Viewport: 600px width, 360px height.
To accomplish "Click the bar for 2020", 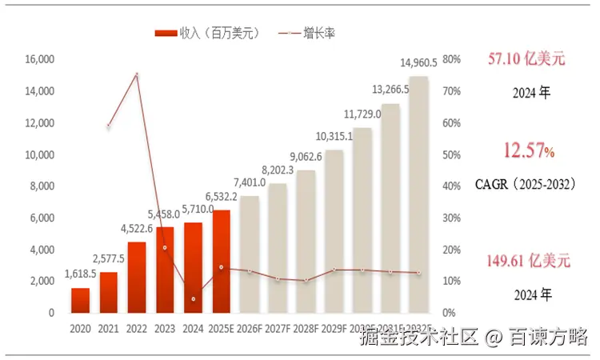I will [x=80, y=300].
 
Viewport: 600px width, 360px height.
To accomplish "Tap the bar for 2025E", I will [x=221, y=262].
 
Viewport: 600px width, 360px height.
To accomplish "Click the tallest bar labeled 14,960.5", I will [x=418, y=194].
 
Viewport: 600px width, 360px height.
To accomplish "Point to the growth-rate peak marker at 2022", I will [x=137, y=74].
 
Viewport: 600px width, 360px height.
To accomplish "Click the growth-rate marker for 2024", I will [x=193, y=299].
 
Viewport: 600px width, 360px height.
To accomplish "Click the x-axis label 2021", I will [x=109, y=328].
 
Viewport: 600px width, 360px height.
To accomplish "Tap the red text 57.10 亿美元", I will [x=526, y=58].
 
